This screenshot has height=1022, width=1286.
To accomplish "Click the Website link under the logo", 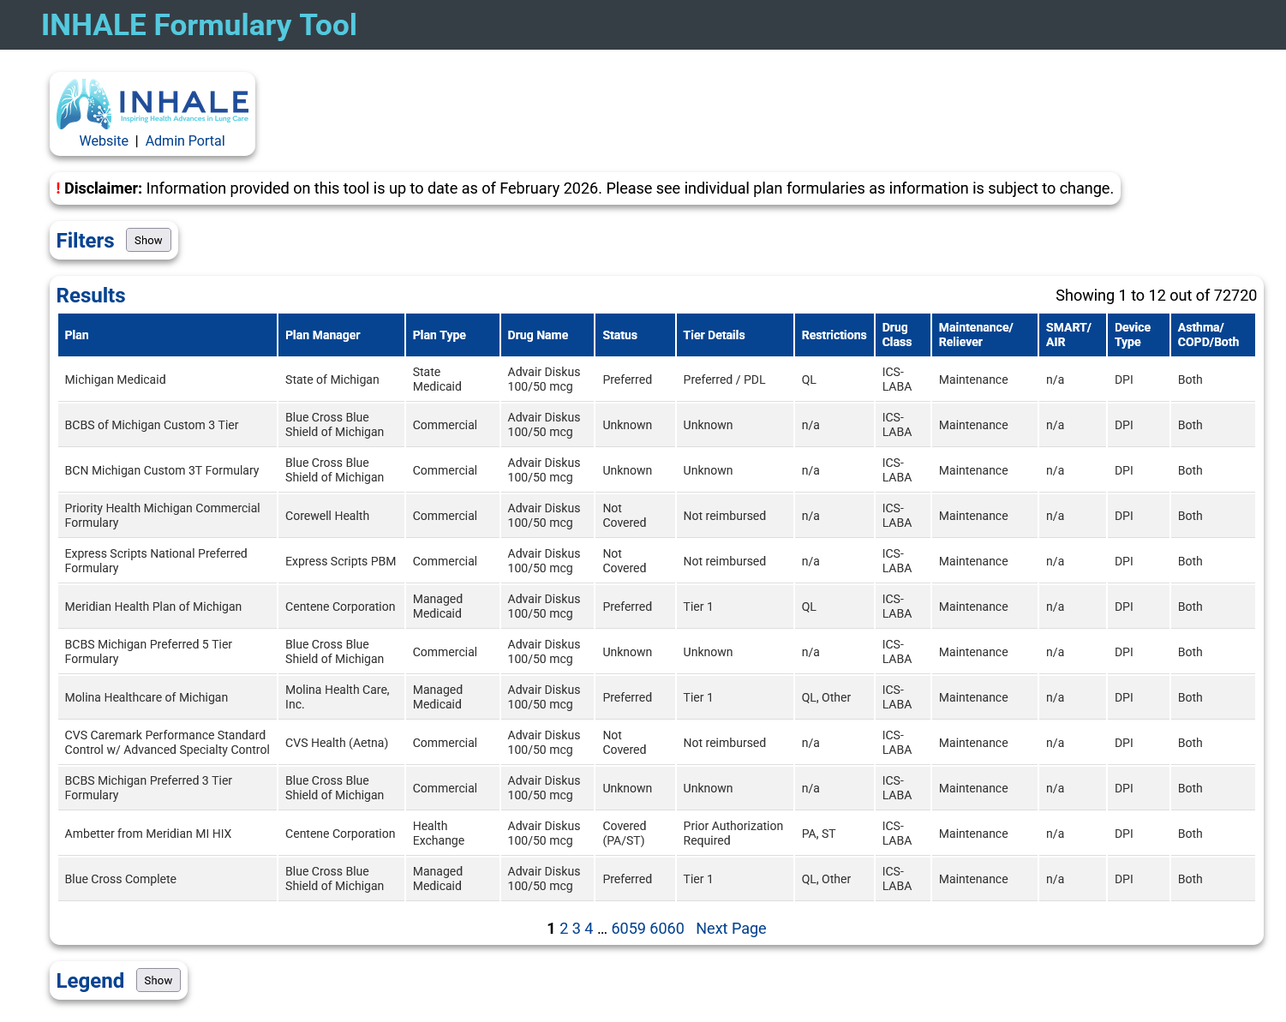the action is (104, 140).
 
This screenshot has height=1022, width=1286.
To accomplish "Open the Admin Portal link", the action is (185, 140).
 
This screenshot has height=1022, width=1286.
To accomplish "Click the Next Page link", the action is (731, 928).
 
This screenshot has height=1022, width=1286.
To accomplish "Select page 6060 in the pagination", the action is (667, 928).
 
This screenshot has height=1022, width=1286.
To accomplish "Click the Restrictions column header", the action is (834, 335).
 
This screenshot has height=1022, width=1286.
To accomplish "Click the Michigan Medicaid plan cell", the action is (115, 380).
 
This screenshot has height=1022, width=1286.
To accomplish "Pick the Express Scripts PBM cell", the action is (340, 561).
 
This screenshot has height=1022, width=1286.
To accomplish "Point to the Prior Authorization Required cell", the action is (733, 834).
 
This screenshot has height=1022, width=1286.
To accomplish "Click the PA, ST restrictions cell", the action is (819, 834).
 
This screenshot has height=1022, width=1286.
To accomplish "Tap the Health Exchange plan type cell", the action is (438, 834).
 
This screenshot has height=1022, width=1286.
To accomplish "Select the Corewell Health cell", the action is (327, 516).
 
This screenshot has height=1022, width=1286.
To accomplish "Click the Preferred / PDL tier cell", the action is (724, 380).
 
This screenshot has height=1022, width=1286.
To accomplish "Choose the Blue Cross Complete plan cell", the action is (120, 879).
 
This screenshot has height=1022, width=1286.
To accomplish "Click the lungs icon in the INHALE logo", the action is (84, 104).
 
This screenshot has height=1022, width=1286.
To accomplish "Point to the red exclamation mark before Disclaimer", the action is (58, 188).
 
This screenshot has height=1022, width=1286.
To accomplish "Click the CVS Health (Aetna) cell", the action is (337, 743).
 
